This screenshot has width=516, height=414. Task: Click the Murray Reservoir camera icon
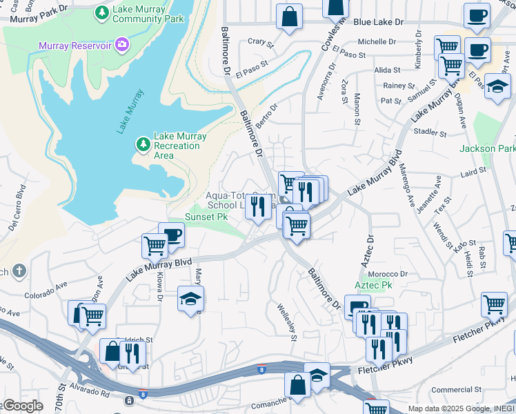pos(122,45)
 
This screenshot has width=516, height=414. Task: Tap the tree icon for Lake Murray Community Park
pos(102,12)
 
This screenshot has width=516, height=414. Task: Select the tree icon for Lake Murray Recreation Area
pos(143,144)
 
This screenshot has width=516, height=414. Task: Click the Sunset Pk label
pos(206,217)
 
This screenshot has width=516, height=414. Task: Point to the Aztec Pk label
pos(373,284)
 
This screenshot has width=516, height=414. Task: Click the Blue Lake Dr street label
pos(377,22)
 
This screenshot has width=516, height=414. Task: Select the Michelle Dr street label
pos(376,41)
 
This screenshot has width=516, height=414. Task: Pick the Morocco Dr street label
pos(390,273)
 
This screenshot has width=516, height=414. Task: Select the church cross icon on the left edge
pos(19,271)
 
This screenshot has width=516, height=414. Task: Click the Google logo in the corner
pos(22,406)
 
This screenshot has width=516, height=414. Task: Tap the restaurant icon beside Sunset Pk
pos(258,206)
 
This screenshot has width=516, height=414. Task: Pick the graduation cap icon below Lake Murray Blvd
pos(190,298)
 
